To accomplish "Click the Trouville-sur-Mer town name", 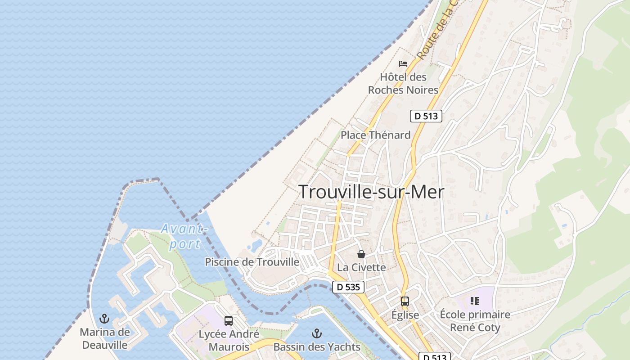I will tap(371, 192).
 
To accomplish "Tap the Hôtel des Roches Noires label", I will tap(403, 83).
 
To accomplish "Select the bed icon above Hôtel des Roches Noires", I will tap(403, 63).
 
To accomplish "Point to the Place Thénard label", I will tap(375, 135).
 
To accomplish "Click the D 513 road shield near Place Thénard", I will tap(426, 116).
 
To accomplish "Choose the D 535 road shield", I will tap(348, 287).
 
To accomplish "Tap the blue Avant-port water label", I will tap(185, 236).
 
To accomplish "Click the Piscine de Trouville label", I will tap(252, 262).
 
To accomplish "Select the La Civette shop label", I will tap(361, 267).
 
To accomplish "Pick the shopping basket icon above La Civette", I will tap(361, 254).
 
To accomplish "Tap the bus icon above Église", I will tap(405, 301).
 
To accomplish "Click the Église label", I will tap(405, 315).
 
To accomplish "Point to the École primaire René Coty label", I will tap(475, 321).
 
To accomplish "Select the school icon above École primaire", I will tap(474, 301).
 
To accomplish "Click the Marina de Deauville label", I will tap(104, 339).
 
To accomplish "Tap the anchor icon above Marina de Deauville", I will tap(104, 319).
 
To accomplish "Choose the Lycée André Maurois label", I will tap(229, 341).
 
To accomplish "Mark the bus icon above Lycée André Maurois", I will tap(229, 321).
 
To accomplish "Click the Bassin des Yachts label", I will tap(317, 347).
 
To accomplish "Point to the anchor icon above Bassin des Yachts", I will tap(317, 333).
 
